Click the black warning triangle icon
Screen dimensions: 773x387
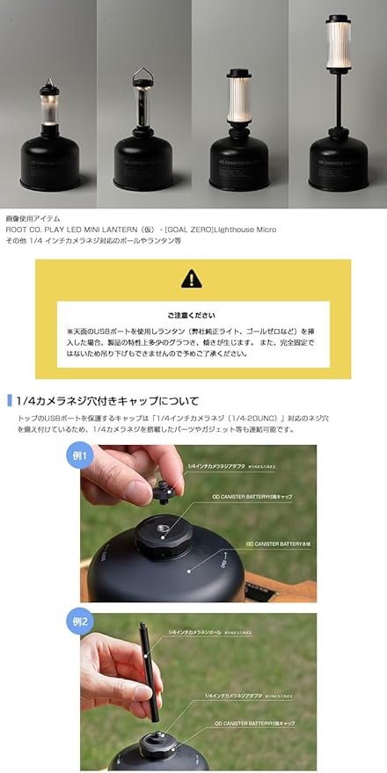191,279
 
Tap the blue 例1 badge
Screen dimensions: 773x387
81,455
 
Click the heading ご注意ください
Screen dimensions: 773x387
193,314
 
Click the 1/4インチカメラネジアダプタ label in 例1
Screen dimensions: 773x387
216,463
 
